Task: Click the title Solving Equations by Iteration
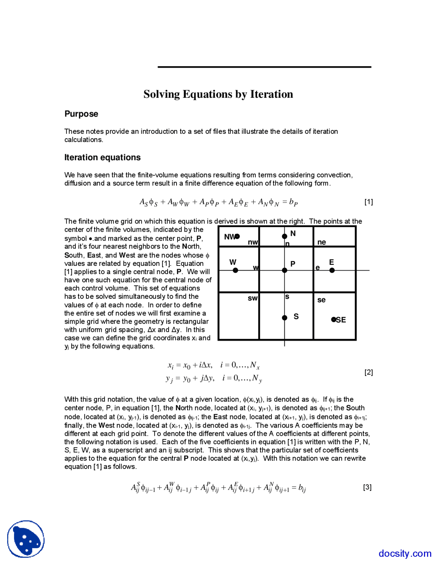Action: [218, 94]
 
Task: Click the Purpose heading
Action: [81, 114]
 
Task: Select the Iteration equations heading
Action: [102, 157]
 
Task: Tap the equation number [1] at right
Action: [368, 202]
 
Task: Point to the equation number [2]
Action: [368, 372]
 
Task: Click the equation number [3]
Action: [367, 487]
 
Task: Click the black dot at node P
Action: [284, 270]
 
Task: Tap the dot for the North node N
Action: [284, 236]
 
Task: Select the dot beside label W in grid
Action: [235, 270]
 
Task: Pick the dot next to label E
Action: [332, 270]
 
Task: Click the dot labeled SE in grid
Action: [334, 320]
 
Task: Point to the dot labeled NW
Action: [237, 236]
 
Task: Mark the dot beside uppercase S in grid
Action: [284, 318]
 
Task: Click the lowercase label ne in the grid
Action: [322, 242]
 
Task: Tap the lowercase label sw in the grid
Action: [253, 298]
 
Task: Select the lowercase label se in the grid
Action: [321, 300]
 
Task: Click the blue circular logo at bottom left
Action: [26, 539]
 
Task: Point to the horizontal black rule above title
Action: [264, 67]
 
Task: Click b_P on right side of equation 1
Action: [293, 202]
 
